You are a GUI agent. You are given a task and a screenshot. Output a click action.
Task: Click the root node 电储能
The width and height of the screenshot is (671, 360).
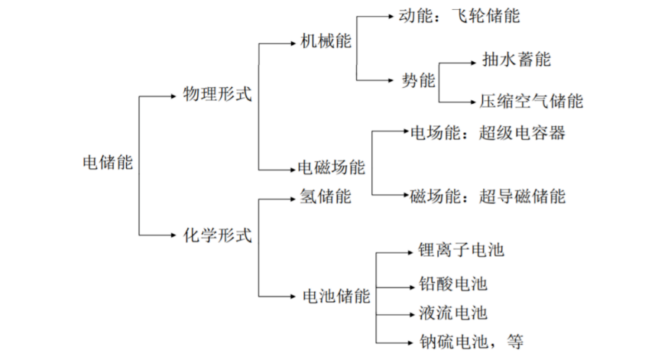[108, 162]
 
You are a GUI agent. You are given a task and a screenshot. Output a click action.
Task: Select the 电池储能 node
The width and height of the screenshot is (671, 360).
[337, 296]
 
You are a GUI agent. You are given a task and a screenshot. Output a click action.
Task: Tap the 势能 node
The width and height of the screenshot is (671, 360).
[419, 79]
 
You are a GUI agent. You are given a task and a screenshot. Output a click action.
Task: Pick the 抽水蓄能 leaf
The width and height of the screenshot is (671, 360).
[517, 60]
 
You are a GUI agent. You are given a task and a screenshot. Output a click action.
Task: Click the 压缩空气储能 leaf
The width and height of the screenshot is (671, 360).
[532, 100]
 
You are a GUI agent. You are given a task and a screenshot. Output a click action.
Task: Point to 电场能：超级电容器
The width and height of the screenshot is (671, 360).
[488, 133]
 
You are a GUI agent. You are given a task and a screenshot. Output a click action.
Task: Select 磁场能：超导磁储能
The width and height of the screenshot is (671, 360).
[488, 196]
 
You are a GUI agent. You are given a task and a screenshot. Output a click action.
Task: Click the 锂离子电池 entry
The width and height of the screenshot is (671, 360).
[461, 250]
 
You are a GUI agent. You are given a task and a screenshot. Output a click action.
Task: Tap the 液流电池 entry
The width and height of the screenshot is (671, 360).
[453, 313]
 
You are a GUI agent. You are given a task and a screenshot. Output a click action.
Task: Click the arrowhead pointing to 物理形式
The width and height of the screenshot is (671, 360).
[175, 96]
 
